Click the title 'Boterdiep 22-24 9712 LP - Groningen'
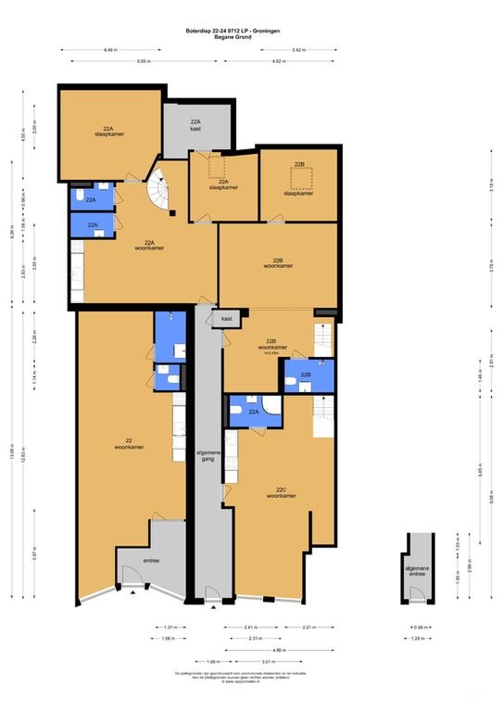coord(251,31)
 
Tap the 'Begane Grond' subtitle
coord(251,37)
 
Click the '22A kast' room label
coord(195,125)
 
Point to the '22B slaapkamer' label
coord(298,179)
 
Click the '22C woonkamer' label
coord(280,492)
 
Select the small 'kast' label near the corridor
coord(226,318)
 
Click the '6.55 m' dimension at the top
coord(142,61)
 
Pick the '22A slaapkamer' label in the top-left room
coord(109,131)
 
